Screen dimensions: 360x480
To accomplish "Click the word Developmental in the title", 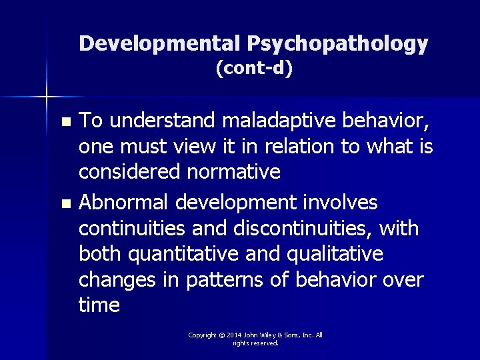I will pyautogui.click(x=160, y=44).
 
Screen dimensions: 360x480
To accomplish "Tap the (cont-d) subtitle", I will pyautogui.click(x=254, y=67).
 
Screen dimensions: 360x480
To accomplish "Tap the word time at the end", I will pyautogui.click(x=99, y=305).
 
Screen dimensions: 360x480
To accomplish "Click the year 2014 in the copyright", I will pyautogui.click(x=233, y=335).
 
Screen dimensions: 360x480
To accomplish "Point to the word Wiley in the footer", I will pyautogui.click(x=275, y=335).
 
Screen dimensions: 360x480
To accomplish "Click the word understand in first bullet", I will pyautogui.click(x=162, y=121).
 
